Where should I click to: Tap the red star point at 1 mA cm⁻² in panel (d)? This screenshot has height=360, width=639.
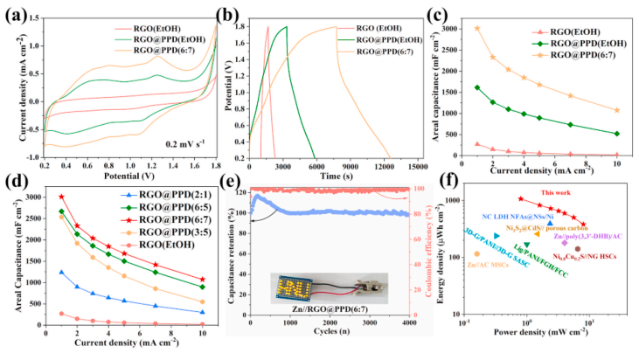(61, 197)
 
